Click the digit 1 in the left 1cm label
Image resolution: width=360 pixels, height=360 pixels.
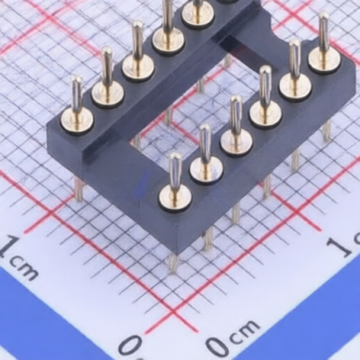[x=8, y=246]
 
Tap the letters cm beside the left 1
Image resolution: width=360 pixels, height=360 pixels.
[x=24, y=268]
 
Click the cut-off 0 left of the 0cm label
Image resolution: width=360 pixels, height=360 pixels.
[x=131, y=348]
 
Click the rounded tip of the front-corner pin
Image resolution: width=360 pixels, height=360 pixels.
[x=175, y=157]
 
